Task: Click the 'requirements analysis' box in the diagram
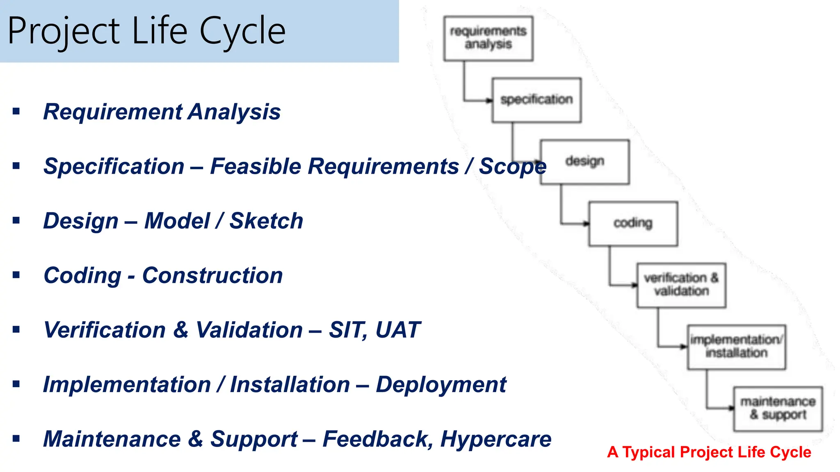[488, 39]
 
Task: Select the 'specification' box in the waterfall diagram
[536, 100]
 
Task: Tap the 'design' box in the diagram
[585, 162]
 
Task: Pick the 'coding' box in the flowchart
[633, 223]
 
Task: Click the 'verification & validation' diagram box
[681, 285]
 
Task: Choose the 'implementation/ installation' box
[737, 347]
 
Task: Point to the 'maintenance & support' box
[778, 408]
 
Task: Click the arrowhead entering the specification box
[489, 100]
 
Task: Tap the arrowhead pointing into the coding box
[586, 224]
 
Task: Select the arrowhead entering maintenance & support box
[731, 408]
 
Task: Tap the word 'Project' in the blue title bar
[64, 31]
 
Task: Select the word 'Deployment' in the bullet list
[441, 385]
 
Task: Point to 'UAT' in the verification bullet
[397, 330]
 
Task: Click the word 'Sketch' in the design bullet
[266, 221]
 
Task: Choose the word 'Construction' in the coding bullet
[212, 276]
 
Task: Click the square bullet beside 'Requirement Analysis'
[16, 111]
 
